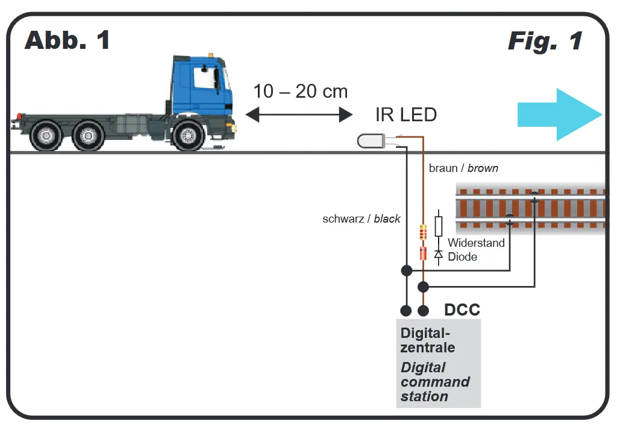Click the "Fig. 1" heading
(x=545, y=41)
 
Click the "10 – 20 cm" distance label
(x=300, y=92)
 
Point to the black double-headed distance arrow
(x=299, y=114)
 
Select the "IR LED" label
(x=405, y=114)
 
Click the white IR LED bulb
(x=370, y=141)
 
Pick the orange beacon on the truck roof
(x=210, y=55)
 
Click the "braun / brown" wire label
(x=463, y=168)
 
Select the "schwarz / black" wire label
(x=361, y=219)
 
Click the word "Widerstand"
(x=476, y=244)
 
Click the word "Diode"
(x=463, y=257)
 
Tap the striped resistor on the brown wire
(x=423, y=232)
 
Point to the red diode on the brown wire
(x=423, y=253)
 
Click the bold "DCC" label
(x=462, y=310)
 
